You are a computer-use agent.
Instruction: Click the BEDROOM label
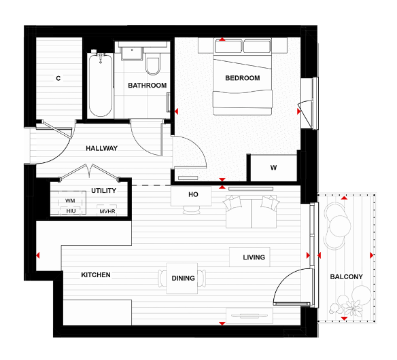click(x=243, y=78)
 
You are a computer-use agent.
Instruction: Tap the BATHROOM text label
click(x=148, y=86)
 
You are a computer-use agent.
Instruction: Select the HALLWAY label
click(x=102, y=148)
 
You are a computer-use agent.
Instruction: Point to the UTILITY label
click(x=103, y=191)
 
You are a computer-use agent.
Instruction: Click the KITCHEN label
click(x=96, y=275)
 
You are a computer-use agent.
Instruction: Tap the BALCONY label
click(x=346, y=277)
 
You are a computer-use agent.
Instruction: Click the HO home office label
click(x=193, y=195)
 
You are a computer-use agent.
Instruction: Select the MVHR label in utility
click(x=107, y=211)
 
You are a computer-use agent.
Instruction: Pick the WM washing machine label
click(x=70, y=201)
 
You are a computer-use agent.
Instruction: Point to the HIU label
click(x=71, y=211)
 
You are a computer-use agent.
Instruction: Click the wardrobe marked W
click(x=273, y=168)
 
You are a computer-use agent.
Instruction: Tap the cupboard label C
click(x=58, y=78)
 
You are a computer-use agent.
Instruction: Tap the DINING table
click(x=183, y=278)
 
